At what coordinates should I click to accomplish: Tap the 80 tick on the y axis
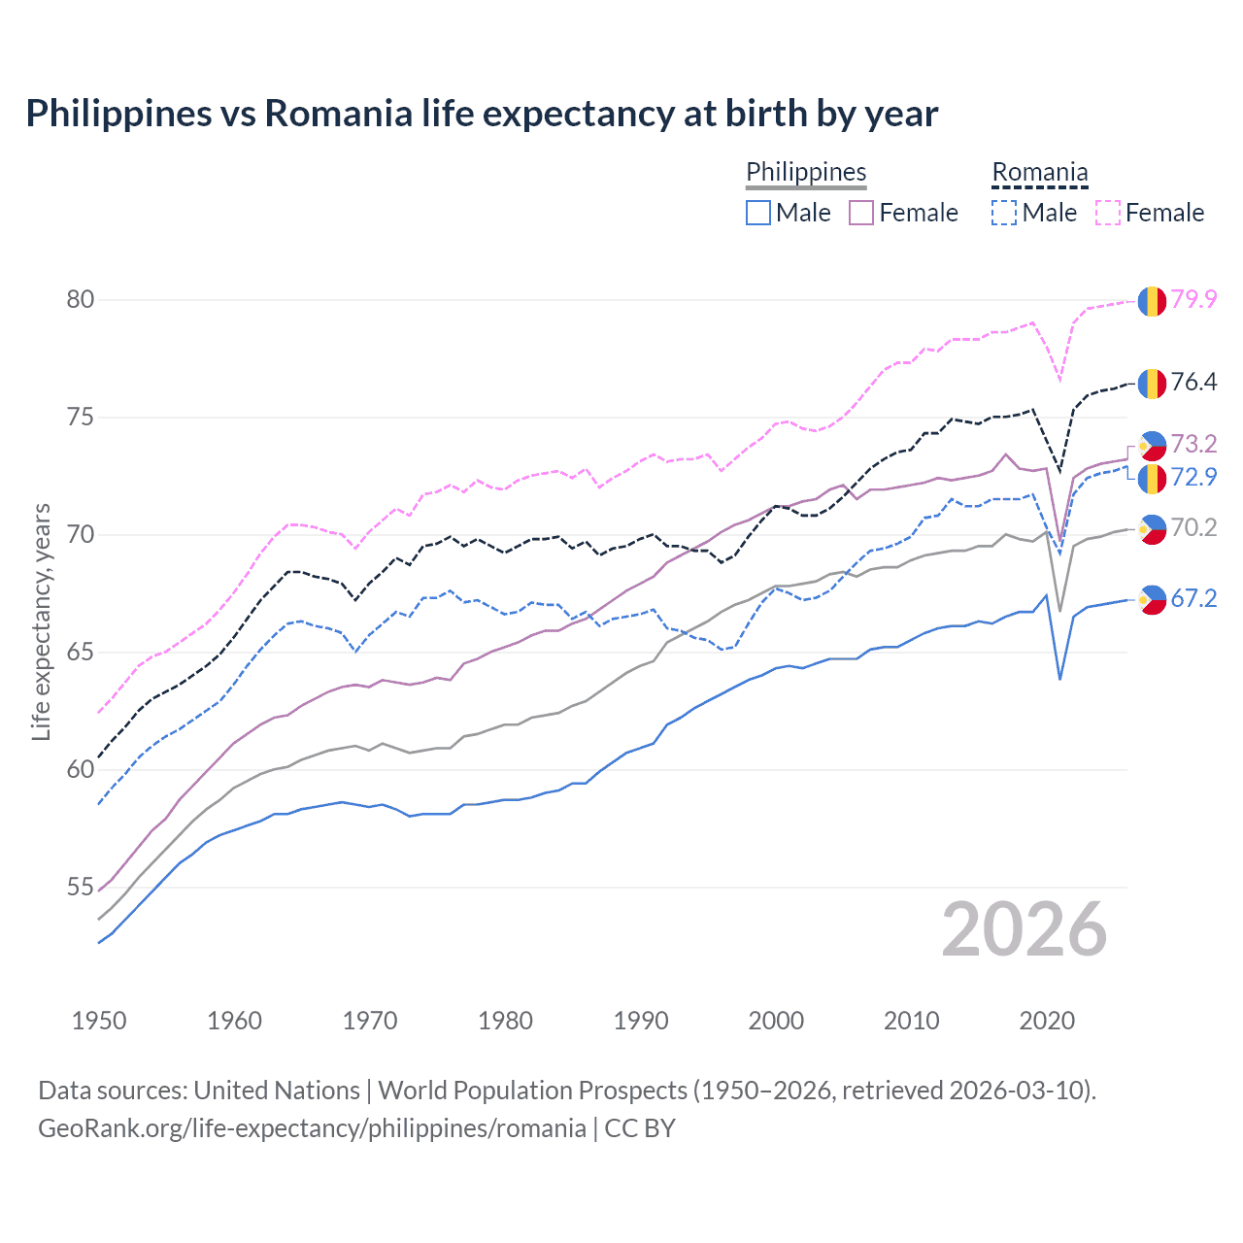click(x=81, y=299)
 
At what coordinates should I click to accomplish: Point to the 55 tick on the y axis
click(x=81, y=887)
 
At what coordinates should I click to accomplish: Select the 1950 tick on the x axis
click(x=99, y=1021)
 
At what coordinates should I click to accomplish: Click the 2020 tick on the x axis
click(x=1047, y=1021)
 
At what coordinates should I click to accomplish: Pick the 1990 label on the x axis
click(x=641, y=1021)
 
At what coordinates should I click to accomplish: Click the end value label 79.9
click(x=1193, y=299)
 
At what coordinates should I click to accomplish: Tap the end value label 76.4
click(x=1193, y=382)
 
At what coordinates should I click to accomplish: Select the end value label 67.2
click(x=1193, y=598)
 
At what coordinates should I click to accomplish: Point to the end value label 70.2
click(x=1193, y=527)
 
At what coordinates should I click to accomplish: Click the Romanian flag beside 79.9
click(x=1152, y=301)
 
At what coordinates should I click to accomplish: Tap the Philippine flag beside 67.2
click(x=1152, y=599)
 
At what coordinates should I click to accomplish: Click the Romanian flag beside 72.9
click(x=1152, y=478)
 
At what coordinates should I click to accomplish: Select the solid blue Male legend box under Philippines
click(x=758, y=213)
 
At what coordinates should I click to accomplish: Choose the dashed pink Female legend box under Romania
click(x=1108, y=213)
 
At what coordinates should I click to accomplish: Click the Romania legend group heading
click(x=1039, y=173)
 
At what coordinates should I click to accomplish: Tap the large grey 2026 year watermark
click(x=1025, y=929)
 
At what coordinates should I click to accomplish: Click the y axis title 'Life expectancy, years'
click(x=41, y=621)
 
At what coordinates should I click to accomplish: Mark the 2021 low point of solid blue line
click(x=1059, y=679)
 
